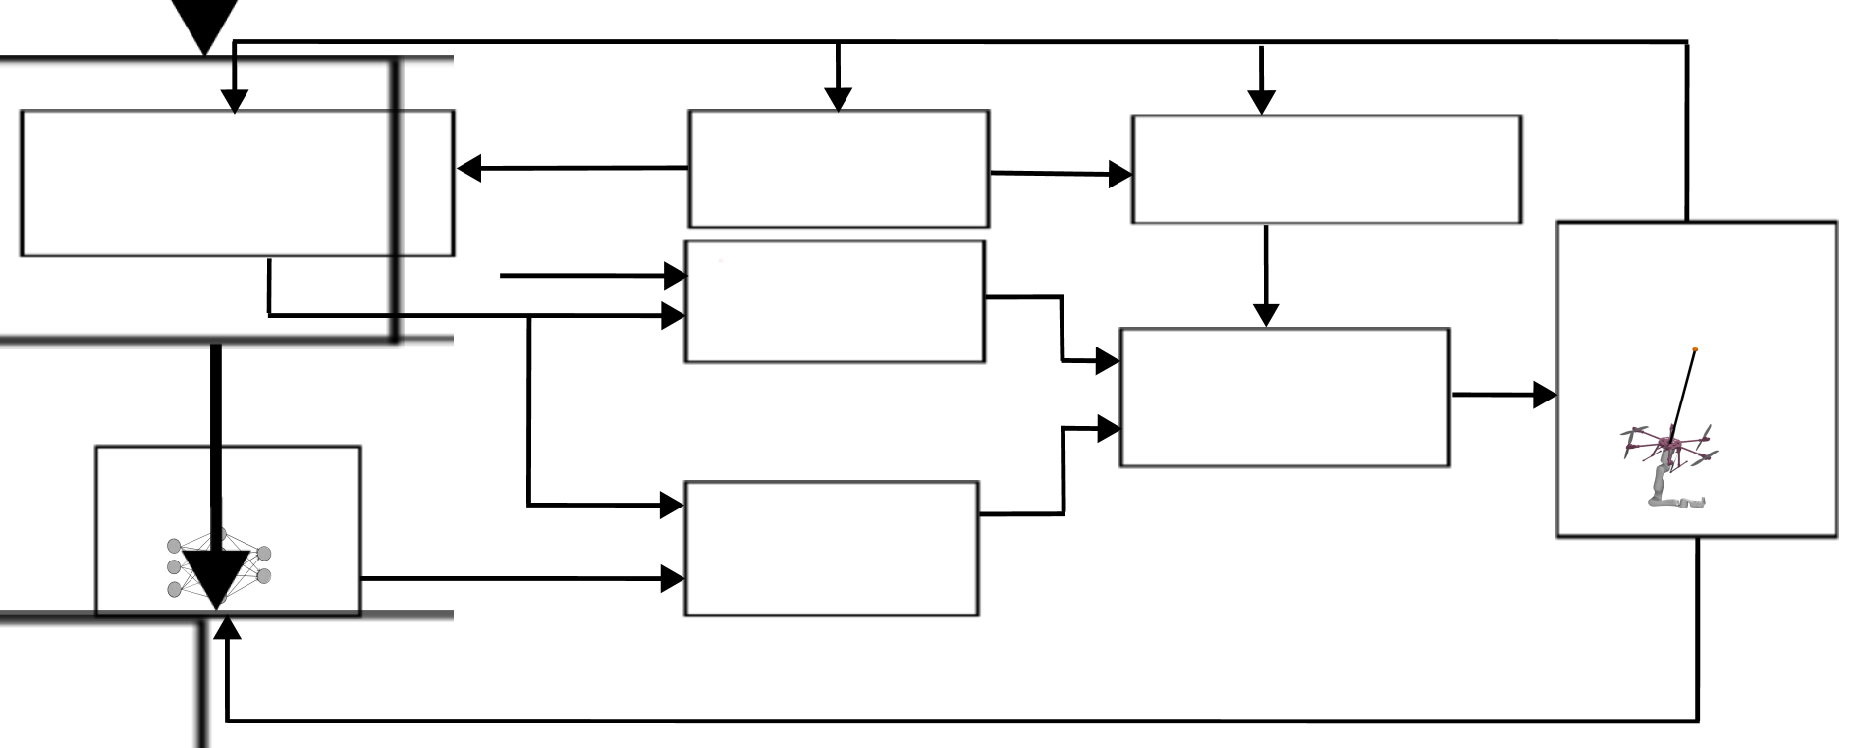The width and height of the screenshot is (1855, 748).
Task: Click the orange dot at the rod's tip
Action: click(1696, 349)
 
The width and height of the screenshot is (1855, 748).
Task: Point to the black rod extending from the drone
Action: click(1683, 393)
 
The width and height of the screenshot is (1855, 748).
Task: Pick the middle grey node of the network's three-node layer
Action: click(175, 567)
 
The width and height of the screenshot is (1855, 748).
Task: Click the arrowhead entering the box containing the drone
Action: click(1545, 396)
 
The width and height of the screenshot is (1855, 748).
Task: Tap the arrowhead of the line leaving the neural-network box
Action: click(674, 579)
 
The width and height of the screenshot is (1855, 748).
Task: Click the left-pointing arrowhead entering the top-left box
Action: click(469, 169)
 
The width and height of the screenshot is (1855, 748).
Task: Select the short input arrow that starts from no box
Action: click(589, 276)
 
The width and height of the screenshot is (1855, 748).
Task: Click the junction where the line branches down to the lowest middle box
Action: click(529, 316)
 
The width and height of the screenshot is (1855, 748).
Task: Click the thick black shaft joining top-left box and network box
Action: click(216, 412)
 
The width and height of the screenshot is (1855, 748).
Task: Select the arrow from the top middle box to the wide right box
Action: click(1061, 175)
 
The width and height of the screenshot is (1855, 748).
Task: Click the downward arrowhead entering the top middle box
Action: click(838, 98)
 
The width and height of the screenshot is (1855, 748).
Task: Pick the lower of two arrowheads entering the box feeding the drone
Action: click(1109, 429)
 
